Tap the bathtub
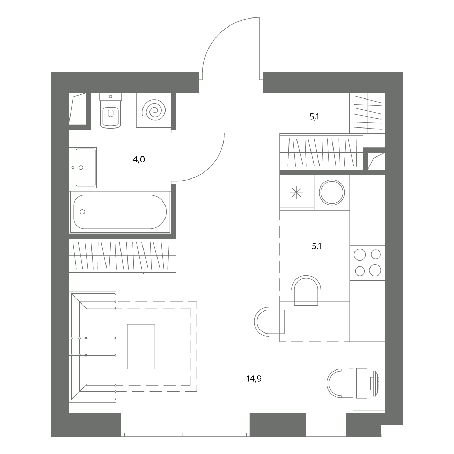120,212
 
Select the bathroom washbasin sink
83,168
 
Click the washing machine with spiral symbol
154,110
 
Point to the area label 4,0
139,160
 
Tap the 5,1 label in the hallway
314,117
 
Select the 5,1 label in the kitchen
317,247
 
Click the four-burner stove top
367,263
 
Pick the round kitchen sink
332,192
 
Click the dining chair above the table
306,290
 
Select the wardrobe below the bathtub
123,256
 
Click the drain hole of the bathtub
82,212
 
